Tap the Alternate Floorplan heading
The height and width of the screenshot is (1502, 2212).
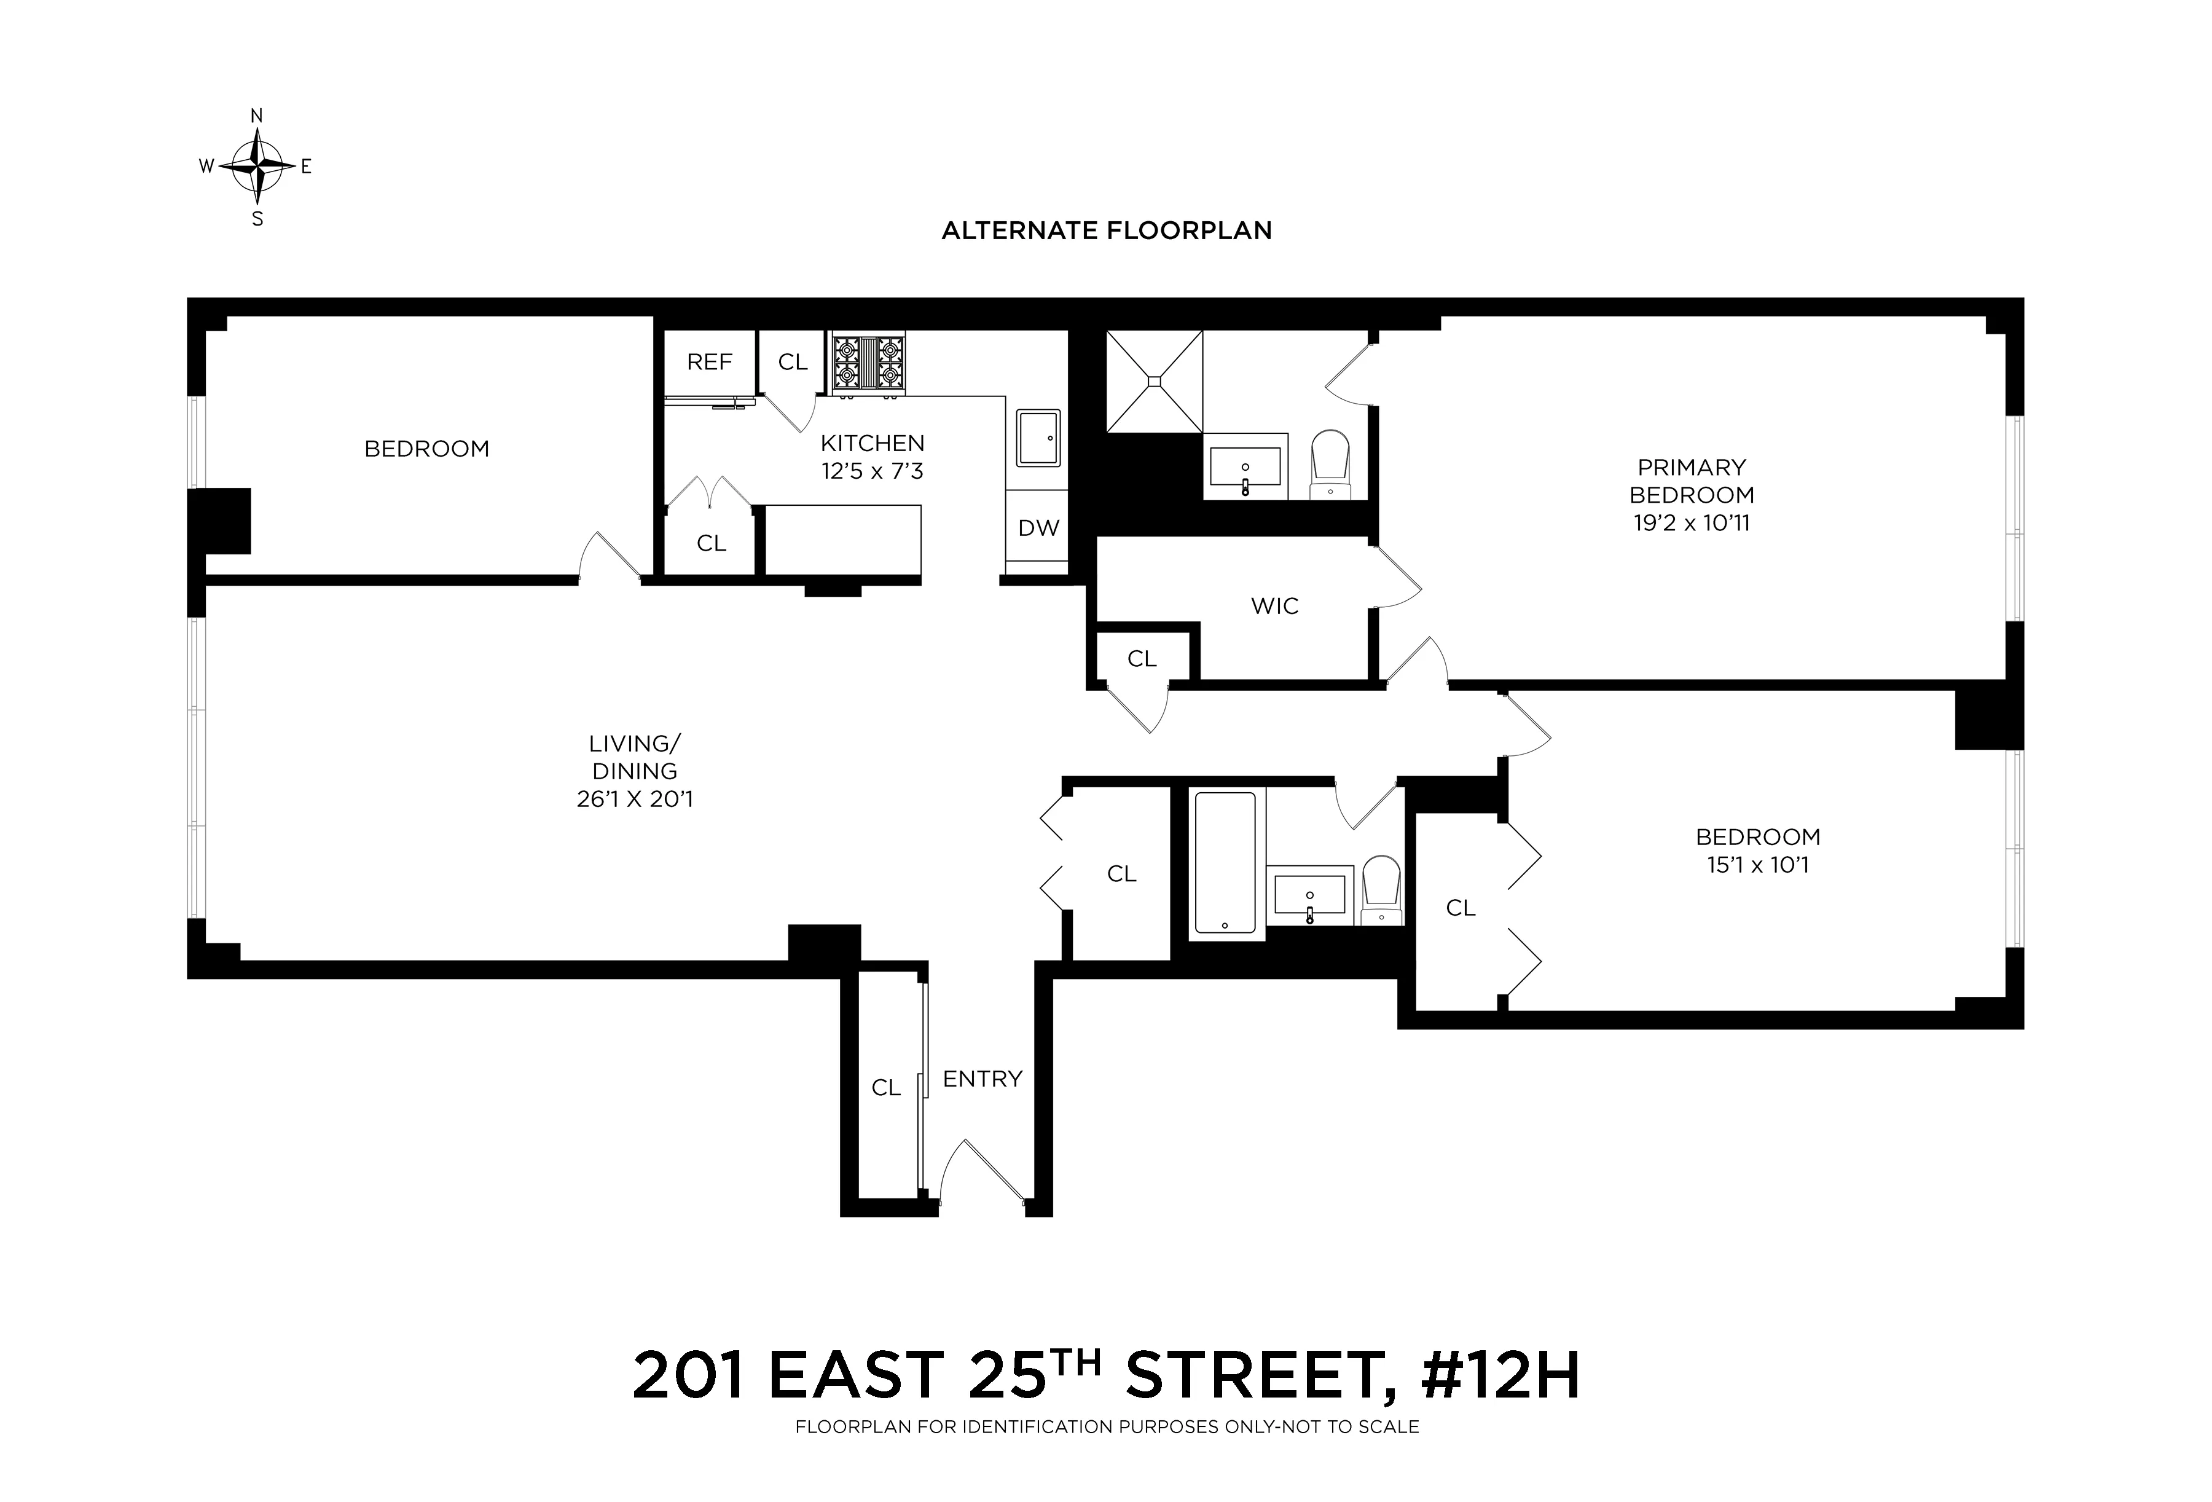(1106, 230)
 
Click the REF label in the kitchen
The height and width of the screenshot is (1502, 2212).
(709, 362)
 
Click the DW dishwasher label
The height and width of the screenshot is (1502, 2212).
(1038, 529)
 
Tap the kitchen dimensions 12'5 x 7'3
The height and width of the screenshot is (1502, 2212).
(872, 471)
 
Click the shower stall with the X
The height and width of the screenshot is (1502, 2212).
(1153, 382)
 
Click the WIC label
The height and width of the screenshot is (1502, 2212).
(1274, 607)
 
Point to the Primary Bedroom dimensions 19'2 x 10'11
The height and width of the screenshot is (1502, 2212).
(1692, 522)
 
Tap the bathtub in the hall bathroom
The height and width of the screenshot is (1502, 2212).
(1225, 862)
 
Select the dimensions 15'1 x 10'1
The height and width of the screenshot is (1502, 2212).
(1757, 864)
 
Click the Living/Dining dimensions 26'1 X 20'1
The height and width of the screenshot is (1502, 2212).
(635, 798)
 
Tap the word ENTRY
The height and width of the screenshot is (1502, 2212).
(982, 1079)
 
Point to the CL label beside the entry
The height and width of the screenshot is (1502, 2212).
(886, 1088)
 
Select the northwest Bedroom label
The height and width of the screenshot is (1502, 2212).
(426, 448)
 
